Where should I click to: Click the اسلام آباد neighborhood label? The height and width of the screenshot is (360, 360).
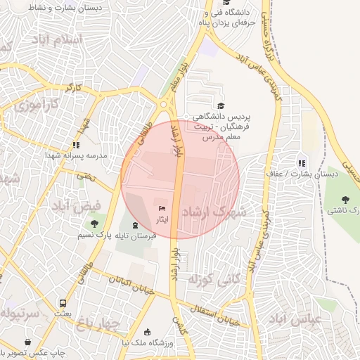pos(58,40)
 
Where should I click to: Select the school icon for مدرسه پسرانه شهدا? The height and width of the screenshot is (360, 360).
pos(75,145)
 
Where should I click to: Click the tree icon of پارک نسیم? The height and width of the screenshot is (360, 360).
pos(94,224)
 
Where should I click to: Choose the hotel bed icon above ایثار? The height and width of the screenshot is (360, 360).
pos(163,209)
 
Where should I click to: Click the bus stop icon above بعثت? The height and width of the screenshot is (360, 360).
pos(63,304)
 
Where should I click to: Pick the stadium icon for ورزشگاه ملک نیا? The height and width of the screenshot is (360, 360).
pos(147,332)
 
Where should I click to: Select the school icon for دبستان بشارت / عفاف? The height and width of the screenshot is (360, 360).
pos(302,163)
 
